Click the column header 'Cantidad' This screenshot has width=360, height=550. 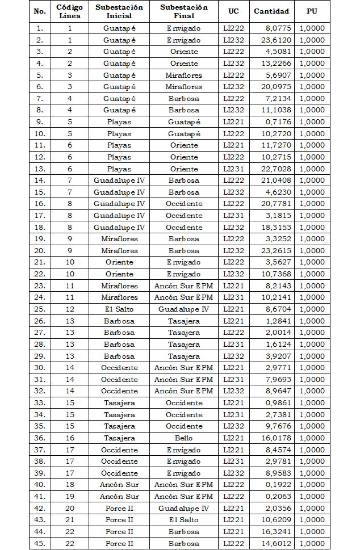271,11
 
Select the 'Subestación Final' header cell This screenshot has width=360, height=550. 184,11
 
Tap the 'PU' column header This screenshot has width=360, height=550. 312,11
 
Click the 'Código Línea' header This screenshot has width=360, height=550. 70,11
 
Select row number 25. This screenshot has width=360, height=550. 39,309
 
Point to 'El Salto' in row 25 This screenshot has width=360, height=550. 119,309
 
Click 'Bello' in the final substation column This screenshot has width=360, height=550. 184,438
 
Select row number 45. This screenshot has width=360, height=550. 39,543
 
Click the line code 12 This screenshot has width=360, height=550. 70,309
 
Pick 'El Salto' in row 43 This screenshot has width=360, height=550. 184,520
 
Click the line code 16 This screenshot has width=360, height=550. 70,438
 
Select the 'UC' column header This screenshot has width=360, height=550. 233,11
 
